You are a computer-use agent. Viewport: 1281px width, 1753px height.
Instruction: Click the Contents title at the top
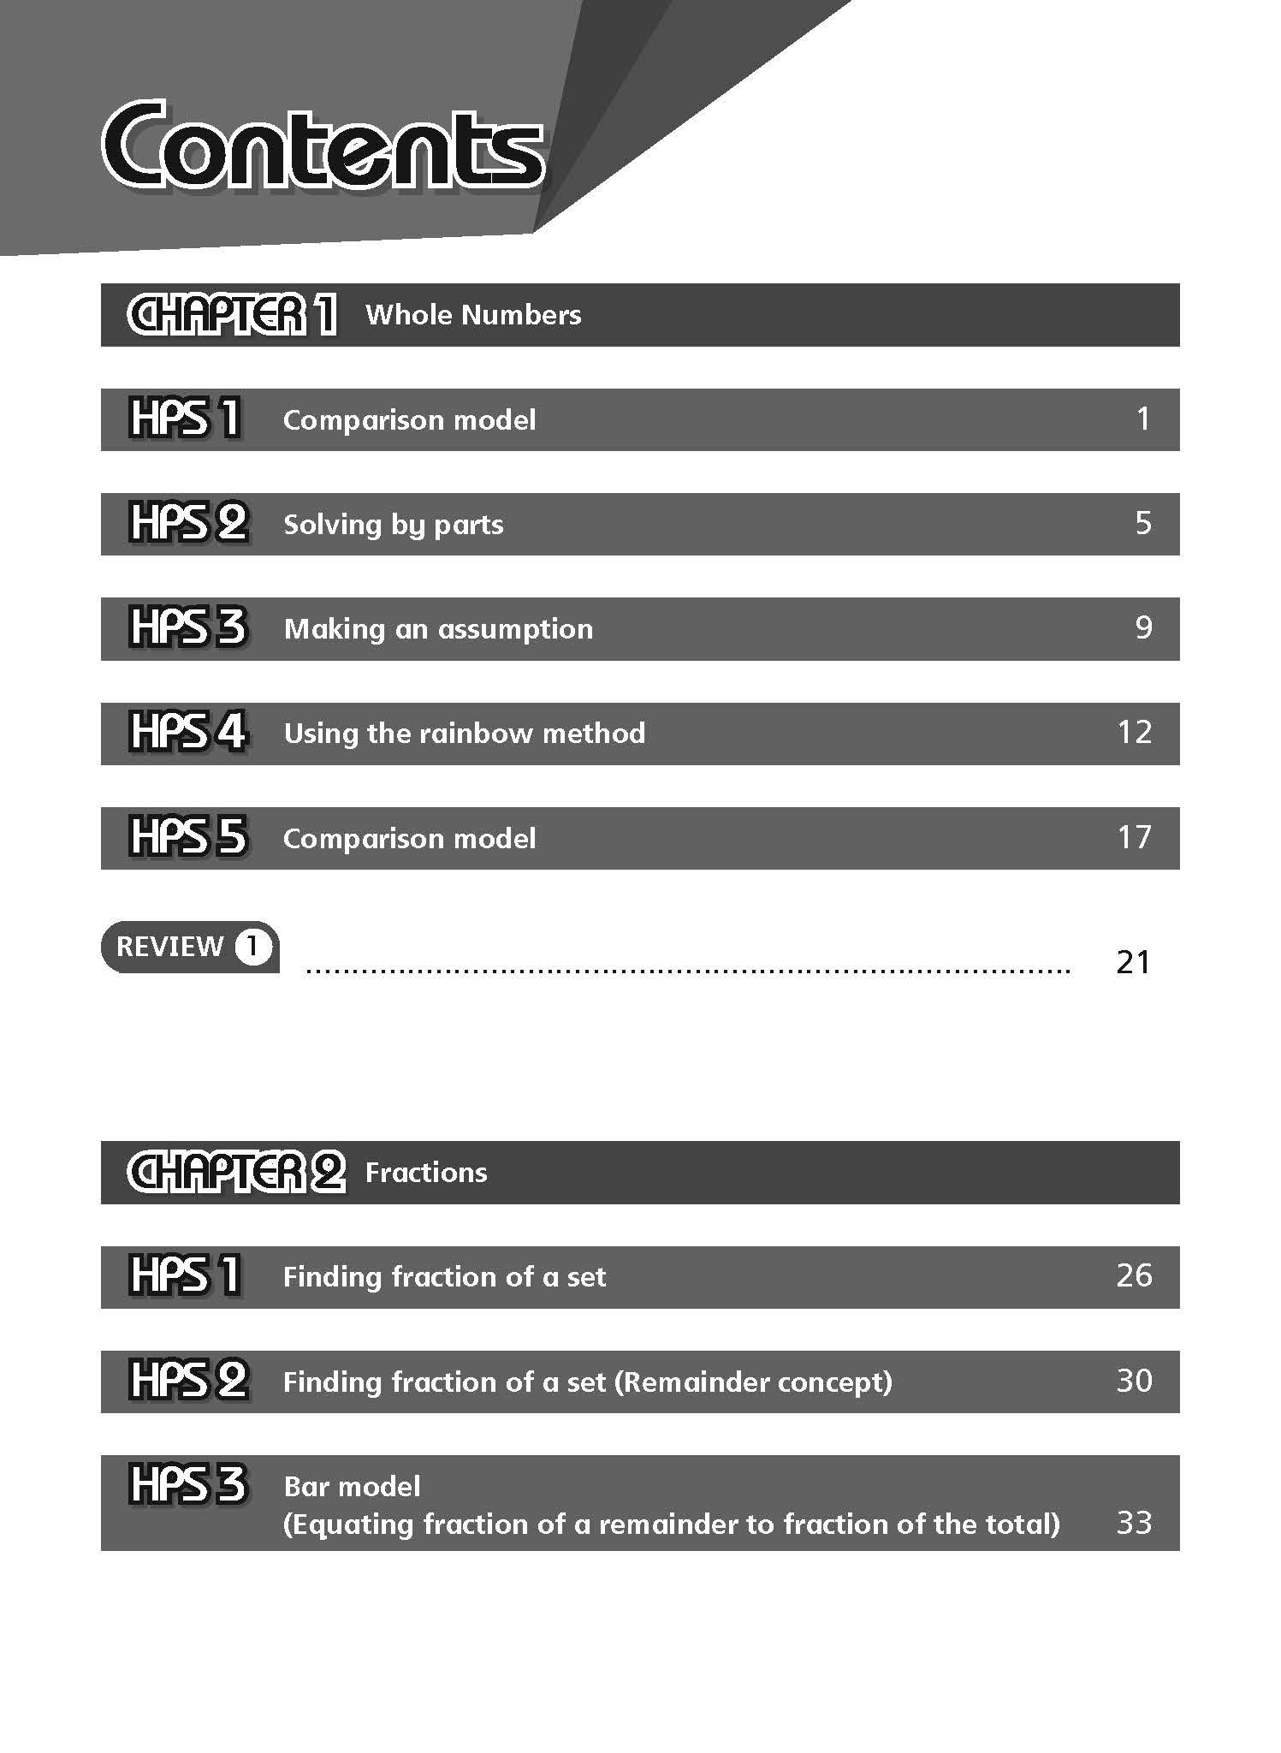click(x=323, y=146)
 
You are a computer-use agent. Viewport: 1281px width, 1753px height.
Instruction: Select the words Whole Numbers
click(x=473, y=315)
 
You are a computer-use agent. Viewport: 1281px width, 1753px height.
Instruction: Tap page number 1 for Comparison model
click(x=1142, y=419)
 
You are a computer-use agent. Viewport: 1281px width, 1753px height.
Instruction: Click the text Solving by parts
click(x=394, y=524)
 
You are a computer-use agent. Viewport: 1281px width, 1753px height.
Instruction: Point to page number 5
click(x=1143, y=523)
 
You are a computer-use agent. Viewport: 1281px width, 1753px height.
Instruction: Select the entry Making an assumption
click(x=438, y=629)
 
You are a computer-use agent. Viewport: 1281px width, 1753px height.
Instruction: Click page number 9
click(x=1143, y=627)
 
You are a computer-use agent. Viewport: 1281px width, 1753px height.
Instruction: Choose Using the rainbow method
click(x=465, y=734)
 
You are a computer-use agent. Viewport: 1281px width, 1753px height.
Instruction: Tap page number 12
click(x=1135, y=732)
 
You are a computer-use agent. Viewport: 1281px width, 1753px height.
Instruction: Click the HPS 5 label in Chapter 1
click(x=188, y=837)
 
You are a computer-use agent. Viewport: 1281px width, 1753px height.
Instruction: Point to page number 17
click(x=1135, y=836)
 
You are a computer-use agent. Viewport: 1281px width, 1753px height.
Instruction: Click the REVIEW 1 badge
click(x=191, y=947)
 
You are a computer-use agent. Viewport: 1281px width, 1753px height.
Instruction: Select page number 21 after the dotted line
click(x=1134, y=962)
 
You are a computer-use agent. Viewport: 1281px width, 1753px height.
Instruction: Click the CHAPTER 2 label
click(x=236, y=1172)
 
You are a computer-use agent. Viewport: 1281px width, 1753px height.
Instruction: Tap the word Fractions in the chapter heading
click(x=426, y=1172)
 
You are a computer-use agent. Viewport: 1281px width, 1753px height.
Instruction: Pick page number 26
click(x=1135, y=1275)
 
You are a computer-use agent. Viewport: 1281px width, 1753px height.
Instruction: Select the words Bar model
click(x=352, y=1487)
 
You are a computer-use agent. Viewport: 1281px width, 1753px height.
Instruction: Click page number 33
click(x=1135, y=1523)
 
